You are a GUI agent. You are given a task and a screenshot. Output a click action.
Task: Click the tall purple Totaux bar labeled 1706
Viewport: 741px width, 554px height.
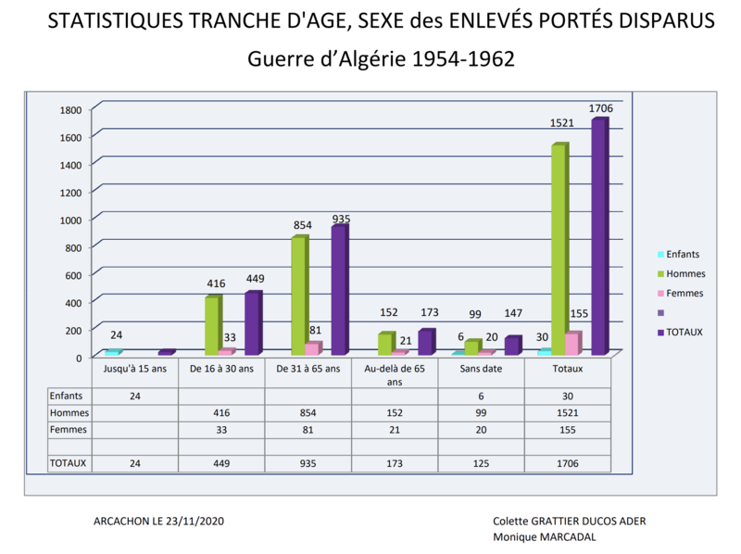pyautogui.click(x=599, y=236)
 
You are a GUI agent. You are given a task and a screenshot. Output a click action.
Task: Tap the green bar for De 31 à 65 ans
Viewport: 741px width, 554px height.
pyautogui.click(x=298, y=296)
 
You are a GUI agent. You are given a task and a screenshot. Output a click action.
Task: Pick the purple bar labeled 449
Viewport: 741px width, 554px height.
pyautogui.click(x=252, y=323)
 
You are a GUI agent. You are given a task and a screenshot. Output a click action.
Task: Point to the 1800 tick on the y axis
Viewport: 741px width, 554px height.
pyautogui.click(x=72, y=109)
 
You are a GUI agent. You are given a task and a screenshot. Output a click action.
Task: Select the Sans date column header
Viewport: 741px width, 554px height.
pyautogui.click(x=481, y=369)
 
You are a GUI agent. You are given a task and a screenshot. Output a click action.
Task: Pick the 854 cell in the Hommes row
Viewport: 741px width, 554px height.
pyautogui.click(x=308, y=413)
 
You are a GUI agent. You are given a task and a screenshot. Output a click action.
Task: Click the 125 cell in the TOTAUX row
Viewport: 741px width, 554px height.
pyautogui.click(x=481, y=463)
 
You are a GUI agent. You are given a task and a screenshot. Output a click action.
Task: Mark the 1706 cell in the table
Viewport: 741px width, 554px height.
pyautogui.click(x=567, y=463)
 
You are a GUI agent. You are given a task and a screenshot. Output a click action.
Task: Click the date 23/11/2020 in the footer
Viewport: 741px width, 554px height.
pyautogui.click(x=196, y=522)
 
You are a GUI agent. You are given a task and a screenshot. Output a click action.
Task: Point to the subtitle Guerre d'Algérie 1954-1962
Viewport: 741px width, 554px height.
pyautogui.click(x=380, y=58)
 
